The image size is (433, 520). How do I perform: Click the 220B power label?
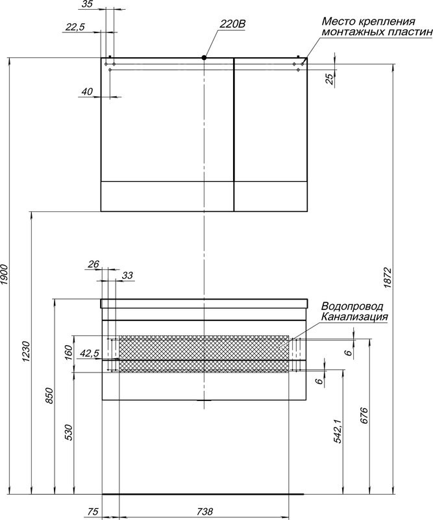(x=232, y=24)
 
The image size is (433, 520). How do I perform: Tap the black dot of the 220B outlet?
(x=204, y=57)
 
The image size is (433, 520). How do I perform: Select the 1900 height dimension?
(x=4, y=274)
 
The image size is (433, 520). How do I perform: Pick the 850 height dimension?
(x=49, y=395)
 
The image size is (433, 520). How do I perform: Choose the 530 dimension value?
(x=68, y=432)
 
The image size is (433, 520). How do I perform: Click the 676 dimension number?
(x=364, y=415)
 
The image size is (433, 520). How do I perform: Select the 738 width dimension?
(x=204, y=511)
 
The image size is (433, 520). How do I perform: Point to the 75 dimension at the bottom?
(x=93, y=511)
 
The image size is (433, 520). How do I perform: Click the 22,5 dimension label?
(x=75, y=27)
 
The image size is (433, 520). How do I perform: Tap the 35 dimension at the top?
(x=87, y=5)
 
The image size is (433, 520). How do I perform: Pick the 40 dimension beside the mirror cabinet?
(x=87, y=91)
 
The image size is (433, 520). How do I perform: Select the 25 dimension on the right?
(x=330, y=79)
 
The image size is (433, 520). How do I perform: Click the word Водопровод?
(x=352, y=305)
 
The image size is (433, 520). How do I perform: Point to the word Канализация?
(x=354, y=317)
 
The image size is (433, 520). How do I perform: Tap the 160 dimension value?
(x=68, y=353)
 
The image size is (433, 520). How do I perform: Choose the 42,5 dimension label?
(x=90, y=354)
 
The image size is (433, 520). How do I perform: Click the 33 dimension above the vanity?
(x=127, y=275)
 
